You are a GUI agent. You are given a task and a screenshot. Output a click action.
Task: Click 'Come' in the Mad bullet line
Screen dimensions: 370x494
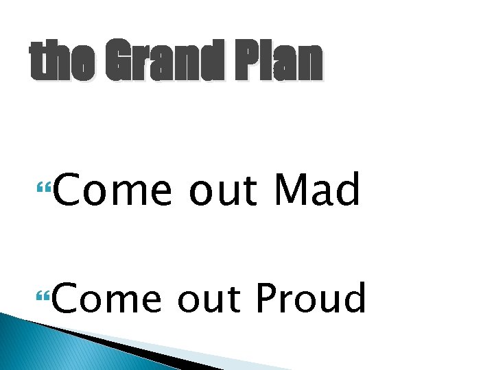pyautogui.click(x=112, y=190)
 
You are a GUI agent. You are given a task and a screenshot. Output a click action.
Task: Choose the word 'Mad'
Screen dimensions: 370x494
pyautogui.click(x=316, y=190)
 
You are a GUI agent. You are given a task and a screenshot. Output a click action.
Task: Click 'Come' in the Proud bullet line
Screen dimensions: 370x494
pyautogui.click(x=112, y=299)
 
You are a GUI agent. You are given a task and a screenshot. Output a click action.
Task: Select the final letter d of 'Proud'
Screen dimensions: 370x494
pyautogui.click(x=355, y=299)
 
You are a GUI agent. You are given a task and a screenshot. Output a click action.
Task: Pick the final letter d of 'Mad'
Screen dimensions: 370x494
pyautogui.click(x=349, y=190)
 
